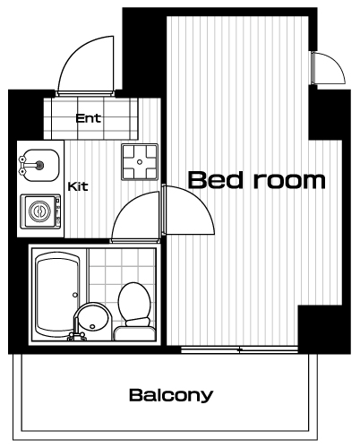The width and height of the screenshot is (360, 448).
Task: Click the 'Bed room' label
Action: point(257,180)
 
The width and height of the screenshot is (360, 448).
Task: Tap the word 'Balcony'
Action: point(171,395)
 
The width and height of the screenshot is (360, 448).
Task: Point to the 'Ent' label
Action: point(89,118)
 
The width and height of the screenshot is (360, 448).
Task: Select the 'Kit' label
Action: point(78,186)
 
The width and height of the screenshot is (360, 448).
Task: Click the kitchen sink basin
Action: point(41,165)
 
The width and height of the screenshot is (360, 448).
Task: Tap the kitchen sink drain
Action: point(39,165)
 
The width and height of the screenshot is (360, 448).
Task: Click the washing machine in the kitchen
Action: point(40,211)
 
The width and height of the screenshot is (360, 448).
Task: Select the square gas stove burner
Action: point(140,161)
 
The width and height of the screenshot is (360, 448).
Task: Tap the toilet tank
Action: point(134,333)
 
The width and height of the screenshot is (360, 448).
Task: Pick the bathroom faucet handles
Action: point(76,336)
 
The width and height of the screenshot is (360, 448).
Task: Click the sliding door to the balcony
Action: point(240,349)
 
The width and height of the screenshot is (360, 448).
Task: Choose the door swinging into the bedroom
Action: point(189,210)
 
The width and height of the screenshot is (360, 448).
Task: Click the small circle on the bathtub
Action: point(75,295)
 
